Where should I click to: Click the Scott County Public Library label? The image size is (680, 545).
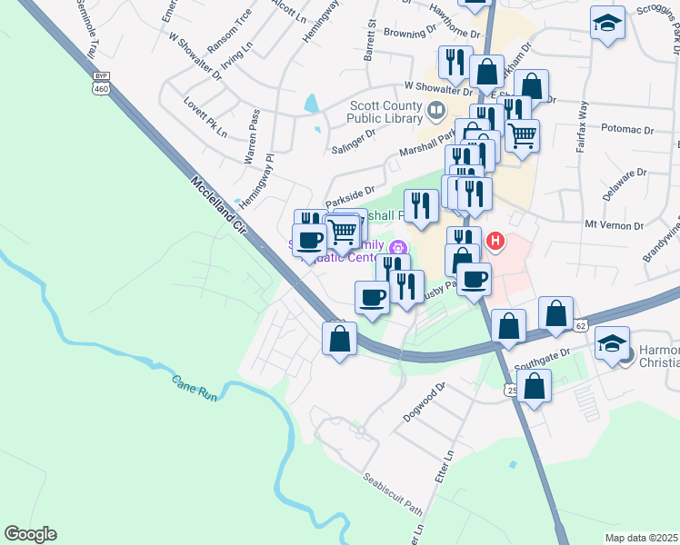tap(387, 112)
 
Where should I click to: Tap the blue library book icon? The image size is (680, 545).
tap(436, 113)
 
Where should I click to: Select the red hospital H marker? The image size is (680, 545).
tap(495, 241)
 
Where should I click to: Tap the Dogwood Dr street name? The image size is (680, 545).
tap(426, 398)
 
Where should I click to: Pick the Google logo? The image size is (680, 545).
tap(30, 534)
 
